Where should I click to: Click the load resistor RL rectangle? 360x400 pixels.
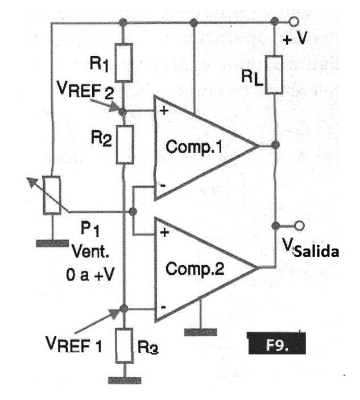[x=275, y=74]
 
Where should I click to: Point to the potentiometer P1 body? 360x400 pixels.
[x=52, y=195]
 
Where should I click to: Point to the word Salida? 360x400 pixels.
[x=316, y=252]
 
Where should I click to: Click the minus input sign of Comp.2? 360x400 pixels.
[x=163, y=308]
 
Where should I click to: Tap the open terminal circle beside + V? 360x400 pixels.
[x=294, y=22]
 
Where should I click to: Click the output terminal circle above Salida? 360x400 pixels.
[x=294, y=224]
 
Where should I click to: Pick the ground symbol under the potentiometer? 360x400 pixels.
[x=52, y=243]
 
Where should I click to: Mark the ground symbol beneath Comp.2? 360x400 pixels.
[x=201, y=331]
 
